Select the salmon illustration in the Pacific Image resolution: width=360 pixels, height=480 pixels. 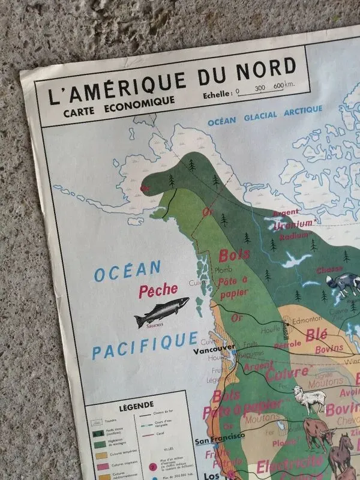[161, 311]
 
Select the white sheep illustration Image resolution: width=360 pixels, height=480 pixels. [310, 399]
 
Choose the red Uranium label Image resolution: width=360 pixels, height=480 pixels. [293, 224]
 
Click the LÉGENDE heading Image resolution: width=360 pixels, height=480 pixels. [137, 404]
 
